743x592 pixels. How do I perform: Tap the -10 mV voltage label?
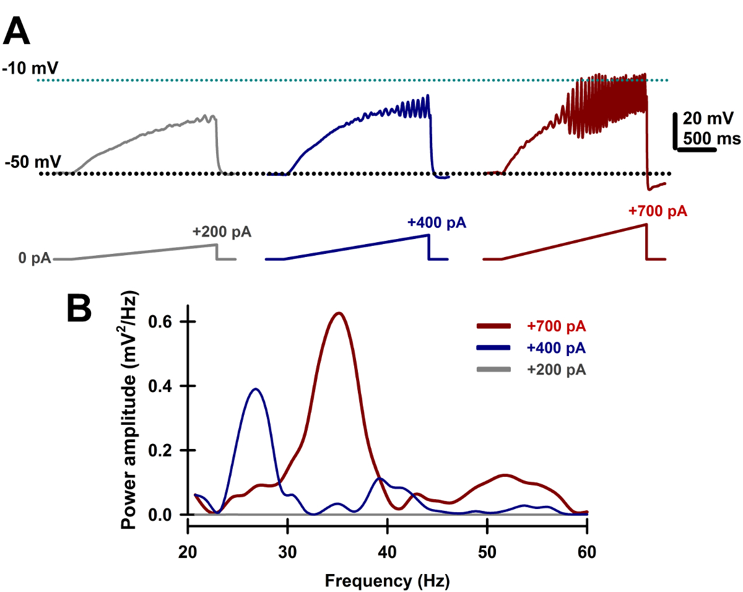28,69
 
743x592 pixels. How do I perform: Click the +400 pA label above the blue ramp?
437,223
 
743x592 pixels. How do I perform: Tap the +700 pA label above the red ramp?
658,211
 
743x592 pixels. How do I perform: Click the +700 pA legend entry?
556,326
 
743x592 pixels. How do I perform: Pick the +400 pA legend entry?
556,348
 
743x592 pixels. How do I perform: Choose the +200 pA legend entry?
556,370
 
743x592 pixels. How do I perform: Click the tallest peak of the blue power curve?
255,389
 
